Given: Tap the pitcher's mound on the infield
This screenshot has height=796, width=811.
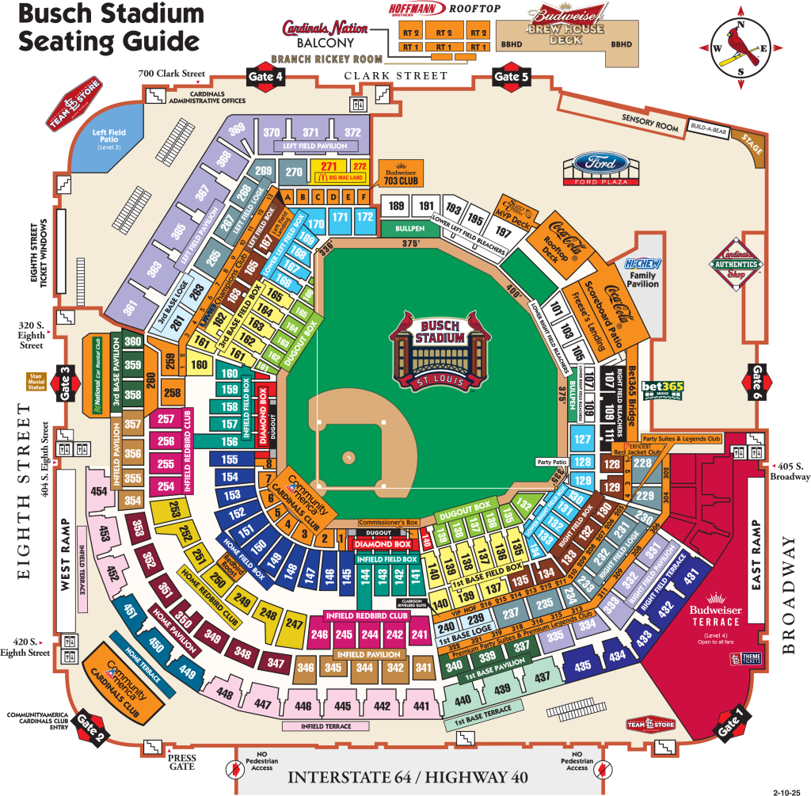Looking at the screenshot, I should click(348, 458).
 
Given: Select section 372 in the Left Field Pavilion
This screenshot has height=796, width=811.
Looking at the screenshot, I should click(352, 132).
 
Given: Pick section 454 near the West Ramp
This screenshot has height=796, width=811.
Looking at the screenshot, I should click(99, 492).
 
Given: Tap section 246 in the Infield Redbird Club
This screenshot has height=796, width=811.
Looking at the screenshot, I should click(320, 634).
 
